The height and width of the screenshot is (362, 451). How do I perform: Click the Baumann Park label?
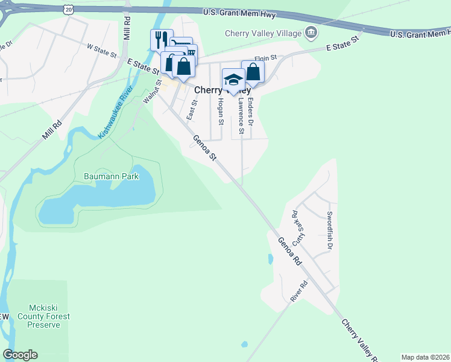(111, 177)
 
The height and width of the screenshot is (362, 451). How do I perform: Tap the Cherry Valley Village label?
(262, 33)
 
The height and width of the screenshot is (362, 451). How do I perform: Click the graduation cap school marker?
(233, 80)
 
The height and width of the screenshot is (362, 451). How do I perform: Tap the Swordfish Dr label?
(330, 230)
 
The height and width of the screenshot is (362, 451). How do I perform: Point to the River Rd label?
(298, 291)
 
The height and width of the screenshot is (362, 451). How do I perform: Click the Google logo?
(20, 354)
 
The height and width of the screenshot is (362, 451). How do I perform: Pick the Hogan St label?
(221, 112)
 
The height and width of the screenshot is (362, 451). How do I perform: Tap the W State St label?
(101, 49)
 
